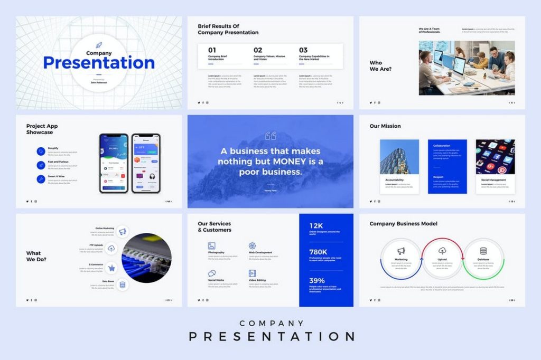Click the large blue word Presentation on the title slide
pos(99,63)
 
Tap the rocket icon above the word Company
pos(99,45)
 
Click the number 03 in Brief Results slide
pos(303,50)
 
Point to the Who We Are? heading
pos(380,66)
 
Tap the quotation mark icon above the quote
pos(270,136)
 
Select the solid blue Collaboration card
pos(447,166)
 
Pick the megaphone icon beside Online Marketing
pos(123,231)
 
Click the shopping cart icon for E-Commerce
pos(111,268)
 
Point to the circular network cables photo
pos(147,256)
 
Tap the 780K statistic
pos(318,252)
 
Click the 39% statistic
pos(317,280)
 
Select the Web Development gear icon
pos(252,245)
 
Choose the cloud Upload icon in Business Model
pos(442,251)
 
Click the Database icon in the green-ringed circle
pos(483,251)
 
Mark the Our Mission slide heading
pos(385,126)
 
